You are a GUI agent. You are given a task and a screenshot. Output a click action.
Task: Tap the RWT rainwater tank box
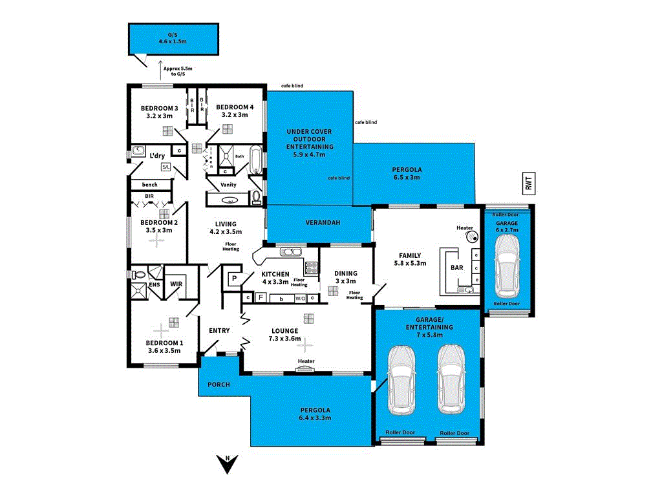(x=529, y=184)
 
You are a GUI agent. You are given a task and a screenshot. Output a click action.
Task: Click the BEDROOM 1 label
(x=164, y=343)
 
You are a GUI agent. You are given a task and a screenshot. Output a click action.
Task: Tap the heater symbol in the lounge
(x=306, y=369)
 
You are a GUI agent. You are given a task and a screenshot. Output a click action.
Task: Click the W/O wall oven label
(x=300, y=298)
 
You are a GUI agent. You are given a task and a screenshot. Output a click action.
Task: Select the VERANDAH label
(x=323, y=222)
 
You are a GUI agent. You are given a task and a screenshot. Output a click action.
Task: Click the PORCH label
(x=218, y=385)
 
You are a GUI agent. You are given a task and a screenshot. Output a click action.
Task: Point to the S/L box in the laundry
(x=165, y=167)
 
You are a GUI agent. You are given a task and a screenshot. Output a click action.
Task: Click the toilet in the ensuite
(x=137, y=275)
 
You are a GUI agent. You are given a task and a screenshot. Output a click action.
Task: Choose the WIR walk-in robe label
(x=175, y=284)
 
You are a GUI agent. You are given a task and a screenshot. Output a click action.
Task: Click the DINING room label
(x=346, y=273)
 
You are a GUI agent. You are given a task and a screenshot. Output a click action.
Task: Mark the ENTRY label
(x=219, y=331)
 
